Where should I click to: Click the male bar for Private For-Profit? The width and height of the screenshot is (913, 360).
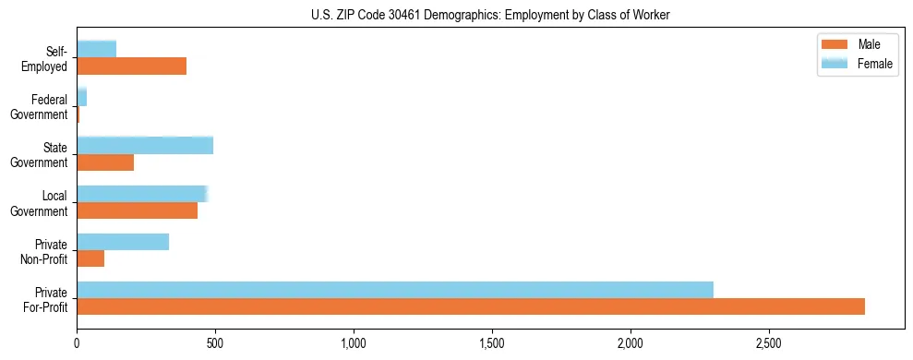tap(471, 306)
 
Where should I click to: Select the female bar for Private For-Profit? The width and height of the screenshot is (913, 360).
tap(395, 290)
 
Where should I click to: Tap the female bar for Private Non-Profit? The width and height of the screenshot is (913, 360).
tap(123, 242)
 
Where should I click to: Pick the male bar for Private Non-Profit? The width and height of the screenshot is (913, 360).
tap(90, 258)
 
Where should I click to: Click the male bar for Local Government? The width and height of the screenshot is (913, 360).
tap(137, 210)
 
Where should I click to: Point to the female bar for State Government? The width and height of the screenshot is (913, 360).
tap(145, 146)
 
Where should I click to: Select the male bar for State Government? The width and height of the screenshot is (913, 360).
tap(105, 162)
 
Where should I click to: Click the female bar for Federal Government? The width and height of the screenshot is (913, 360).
tap(82, 98)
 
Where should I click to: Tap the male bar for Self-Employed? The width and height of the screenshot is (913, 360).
tap(132, 66)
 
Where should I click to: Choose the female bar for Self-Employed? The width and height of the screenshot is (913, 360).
tap(97, 50)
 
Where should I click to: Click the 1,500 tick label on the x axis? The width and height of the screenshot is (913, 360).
tap(492, 342)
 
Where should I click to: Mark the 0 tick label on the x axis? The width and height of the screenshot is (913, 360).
tap(78, 342)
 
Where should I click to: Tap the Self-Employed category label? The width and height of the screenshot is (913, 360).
tap(50, 58)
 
